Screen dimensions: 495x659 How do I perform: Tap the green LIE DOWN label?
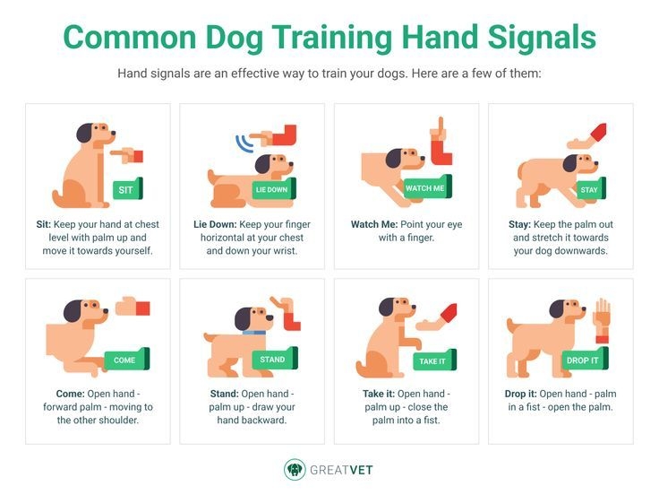tap(271, 189)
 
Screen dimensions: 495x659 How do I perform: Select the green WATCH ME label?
tap(425, 188)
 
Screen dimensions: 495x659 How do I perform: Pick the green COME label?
tap(125, 360)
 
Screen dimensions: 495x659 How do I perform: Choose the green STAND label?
tap(273, 360)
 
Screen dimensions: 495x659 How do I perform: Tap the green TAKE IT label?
tap(432, 360)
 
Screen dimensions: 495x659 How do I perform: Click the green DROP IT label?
tap(583, 360)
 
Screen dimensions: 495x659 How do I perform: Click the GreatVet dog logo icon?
tap(295, 469)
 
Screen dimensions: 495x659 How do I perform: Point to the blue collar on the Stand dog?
tap(254, 333)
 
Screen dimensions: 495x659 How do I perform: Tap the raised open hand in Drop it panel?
tap(603, 316)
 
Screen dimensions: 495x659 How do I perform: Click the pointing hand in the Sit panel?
tap(127, 156)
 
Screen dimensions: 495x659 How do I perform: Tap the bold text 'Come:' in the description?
tap(62, 394)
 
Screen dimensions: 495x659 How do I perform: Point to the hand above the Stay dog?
tap(585, 137)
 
